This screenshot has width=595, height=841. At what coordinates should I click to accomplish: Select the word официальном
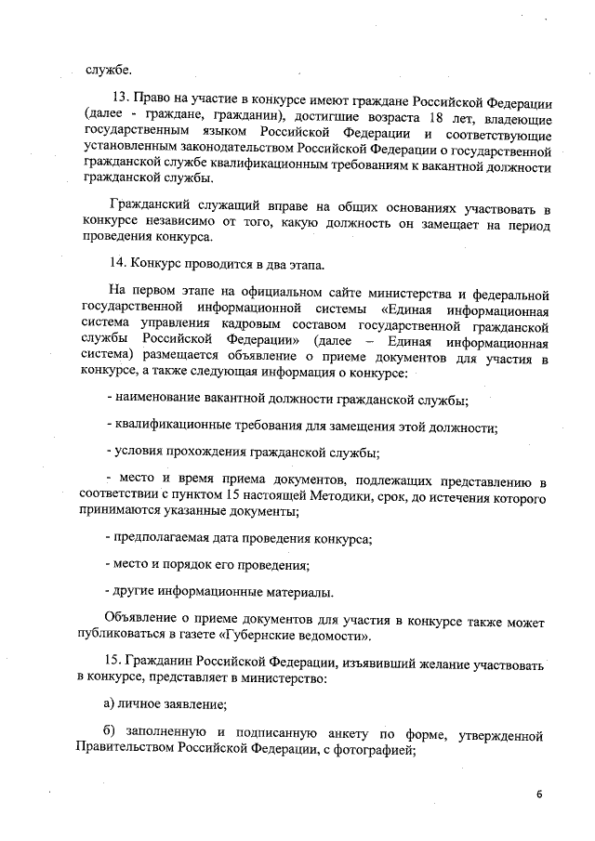tap(279, 289)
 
